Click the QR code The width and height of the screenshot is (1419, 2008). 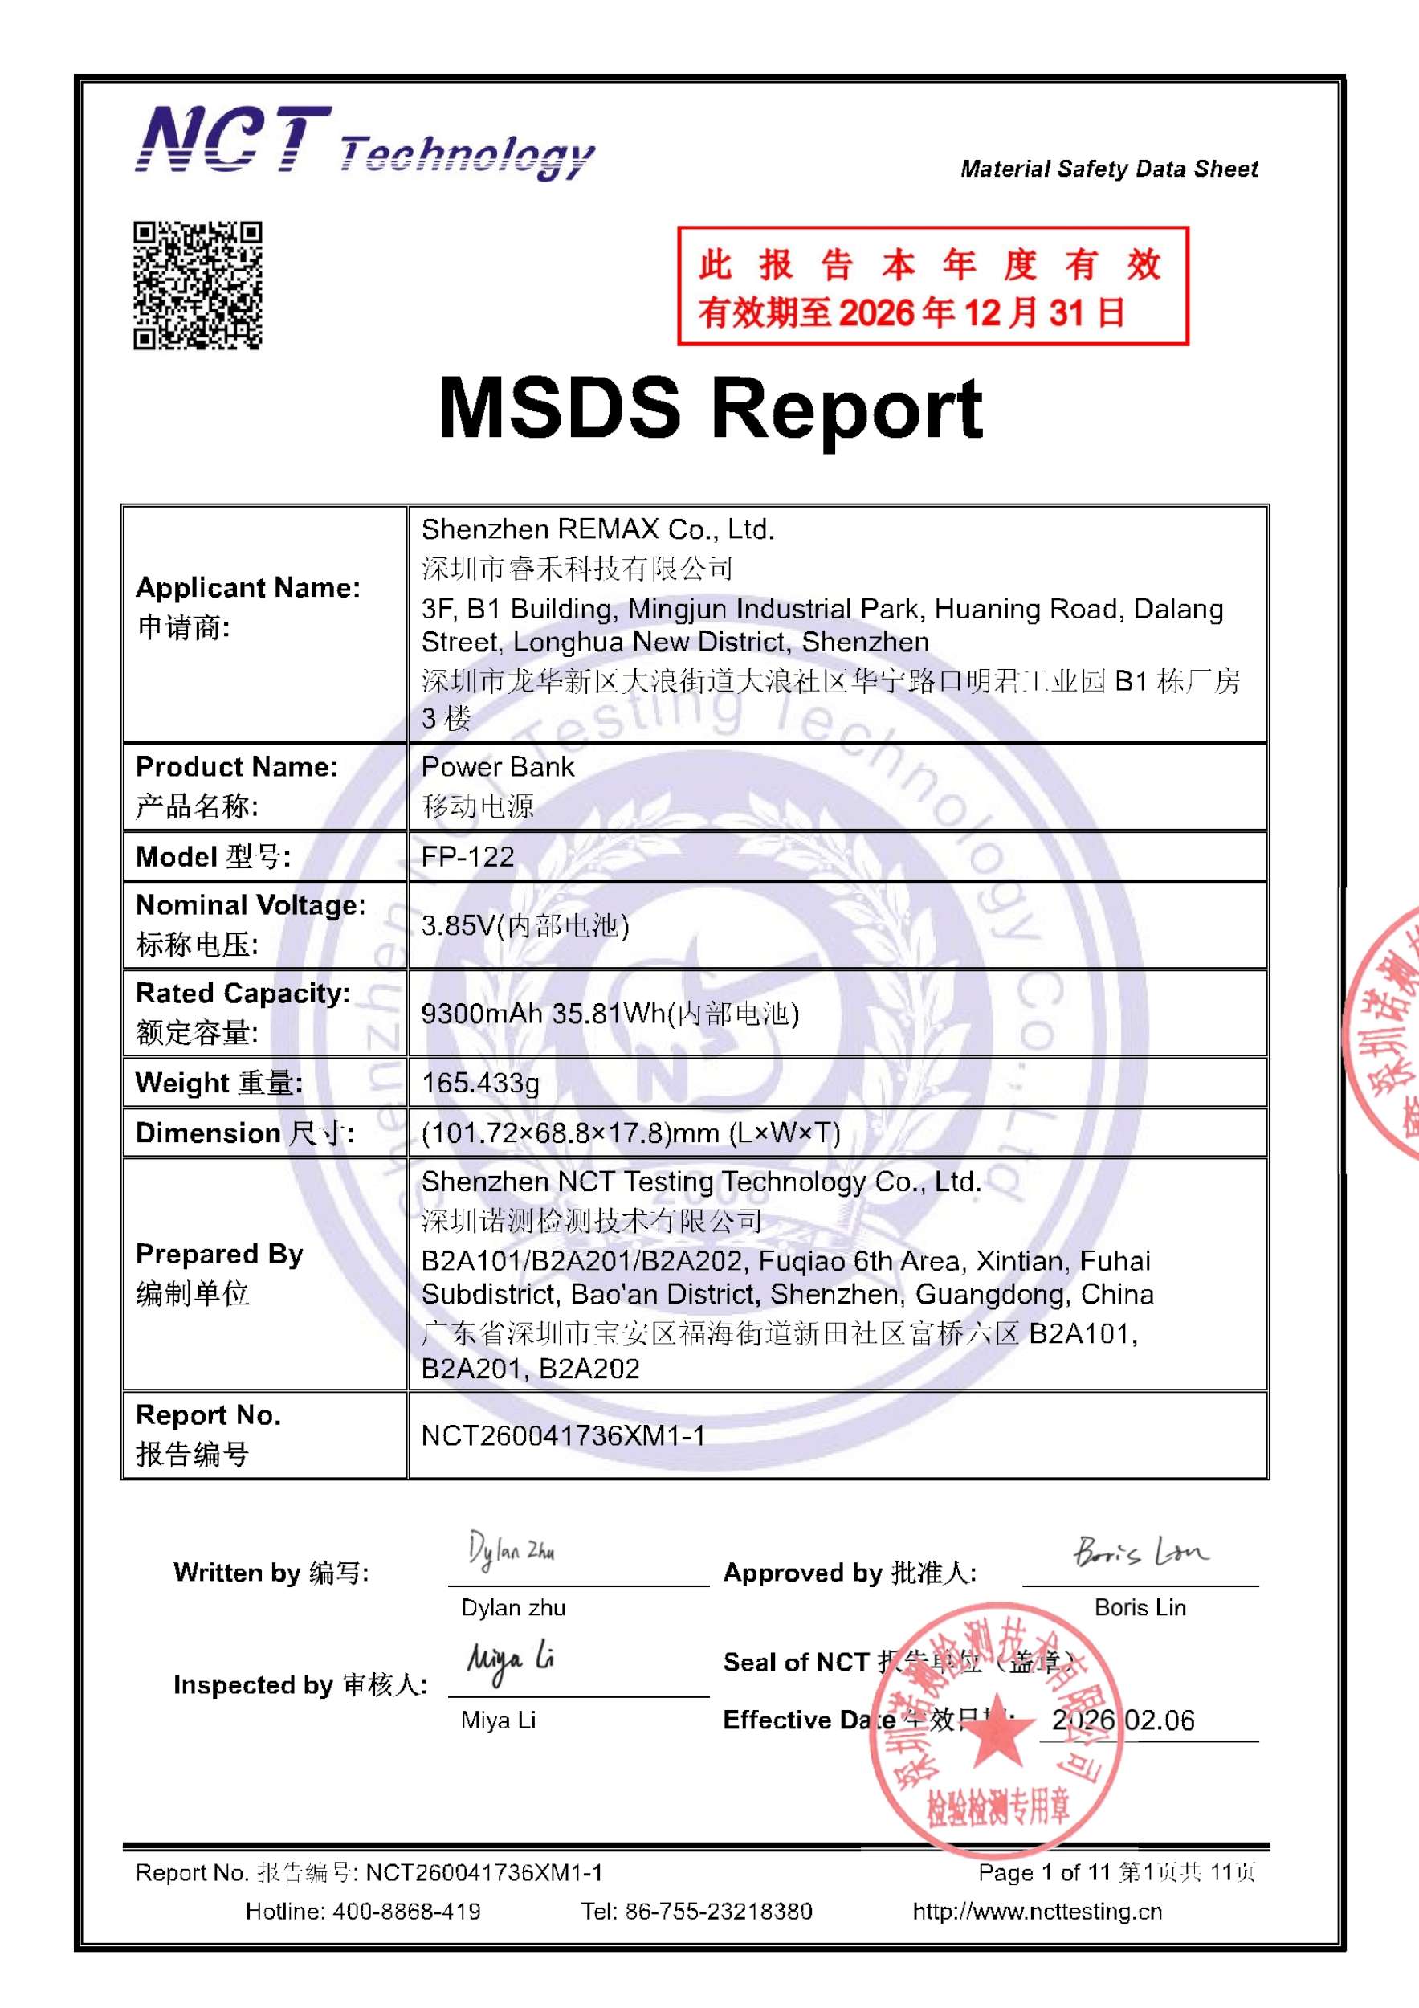(x=198, y=285)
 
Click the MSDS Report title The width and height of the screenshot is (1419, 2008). (x=710, y=408)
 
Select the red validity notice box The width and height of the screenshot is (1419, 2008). (x=932, y=286)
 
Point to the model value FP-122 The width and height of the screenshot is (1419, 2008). (x=467, y=856)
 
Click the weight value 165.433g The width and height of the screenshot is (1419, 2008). (x=480, y=1083)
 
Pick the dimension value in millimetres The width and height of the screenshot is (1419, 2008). (x=630, y=1133)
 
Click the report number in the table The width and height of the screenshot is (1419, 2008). (x=563, y=1435)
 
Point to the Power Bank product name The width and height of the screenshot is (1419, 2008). (x=497, y=767)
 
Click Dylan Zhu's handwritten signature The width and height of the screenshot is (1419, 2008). (x=511, y=1552)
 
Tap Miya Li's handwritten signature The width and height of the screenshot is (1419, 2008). (x=510, y=1661)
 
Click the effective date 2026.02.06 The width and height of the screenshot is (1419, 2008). (x=1123, y=1720)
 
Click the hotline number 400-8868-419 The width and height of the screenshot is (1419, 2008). (x=406, y=1911)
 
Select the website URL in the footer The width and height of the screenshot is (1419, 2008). (x=1037, y=1911)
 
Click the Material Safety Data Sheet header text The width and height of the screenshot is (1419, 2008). (x=1109, y=169)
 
